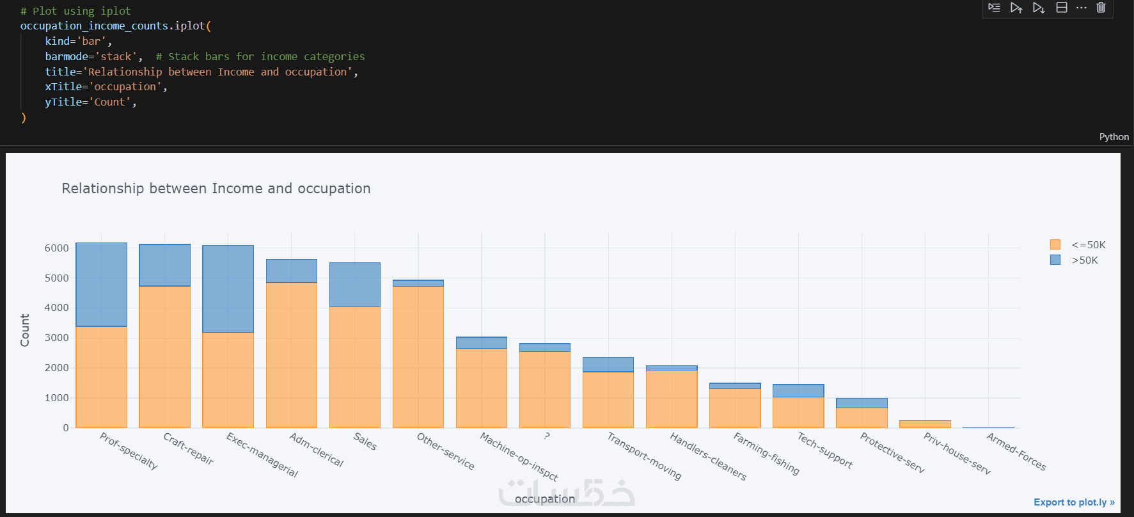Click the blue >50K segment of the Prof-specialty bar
click(x=101, y=284)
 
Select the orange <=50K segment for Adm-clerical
click(x=291, y=355)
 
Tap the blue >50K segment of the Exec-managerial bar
click(x=228, y=289)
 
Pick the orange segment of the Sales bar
click(x=354, y=367)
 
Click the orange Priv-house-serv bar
click(x=925, y=424)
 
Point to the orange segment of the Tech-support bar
click(x=798, y=413)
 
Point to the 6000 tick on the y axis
click(x=56, y=248)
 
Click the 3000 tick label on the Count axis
click(x=56, y=338)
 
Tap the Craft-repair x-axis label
click(x=188, y=449)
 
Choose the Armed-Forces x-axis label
click(x=1016, y=452)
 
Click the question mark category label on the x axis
click(x=547, y=436)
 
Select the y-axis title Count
click(x=25, y=330)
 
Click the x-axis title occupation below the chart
click(x=544, y=499)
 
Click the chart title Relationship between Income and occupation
click(x=216, y=189)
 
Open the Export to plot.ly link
click(x=1074, y=502)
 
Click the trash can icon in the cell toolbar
click(x=1101, y=8)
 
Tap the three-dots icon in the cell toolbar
click(x=1081, y=8)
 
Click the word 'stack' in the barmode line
click(x=116, y=57)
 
